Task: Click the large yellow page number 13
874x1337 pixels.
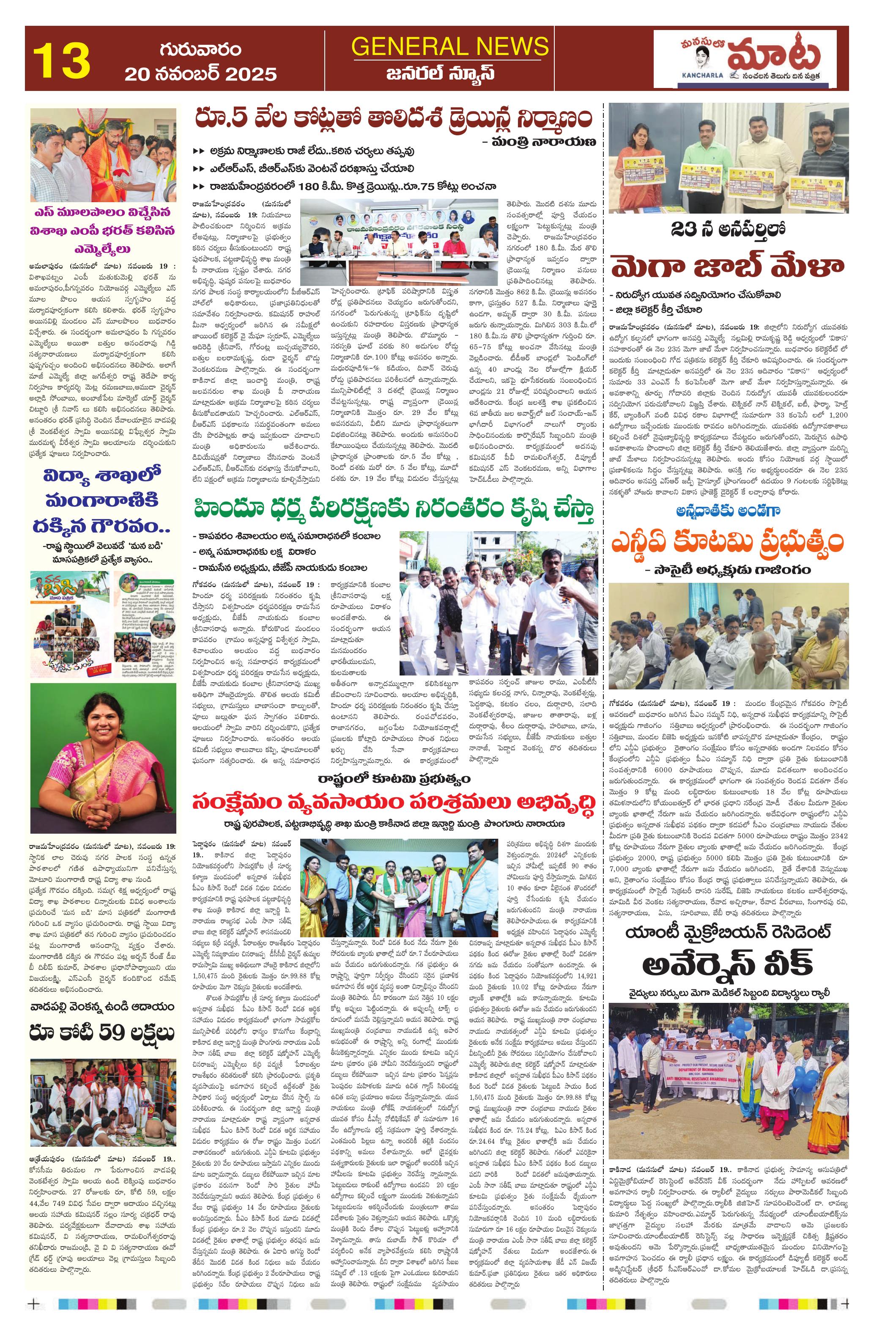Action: (62, 60)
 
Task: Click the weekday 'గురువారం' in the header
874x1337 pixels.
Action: (200, 49)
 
